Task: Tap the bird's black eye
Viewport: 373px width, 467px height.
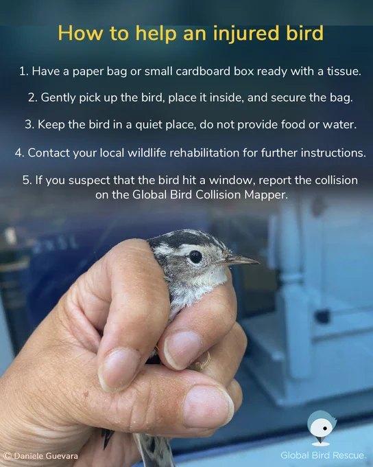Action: click(x=195, y=257)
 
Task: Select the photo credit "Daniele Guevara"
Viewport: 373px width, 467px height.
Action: click(x=46, y=456)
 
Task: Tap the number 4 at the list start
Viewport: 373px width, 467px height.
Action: click(x=19, y=152)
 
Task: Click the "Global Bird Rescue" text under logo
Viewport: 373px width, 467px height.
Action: click(x=322, y=455)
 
